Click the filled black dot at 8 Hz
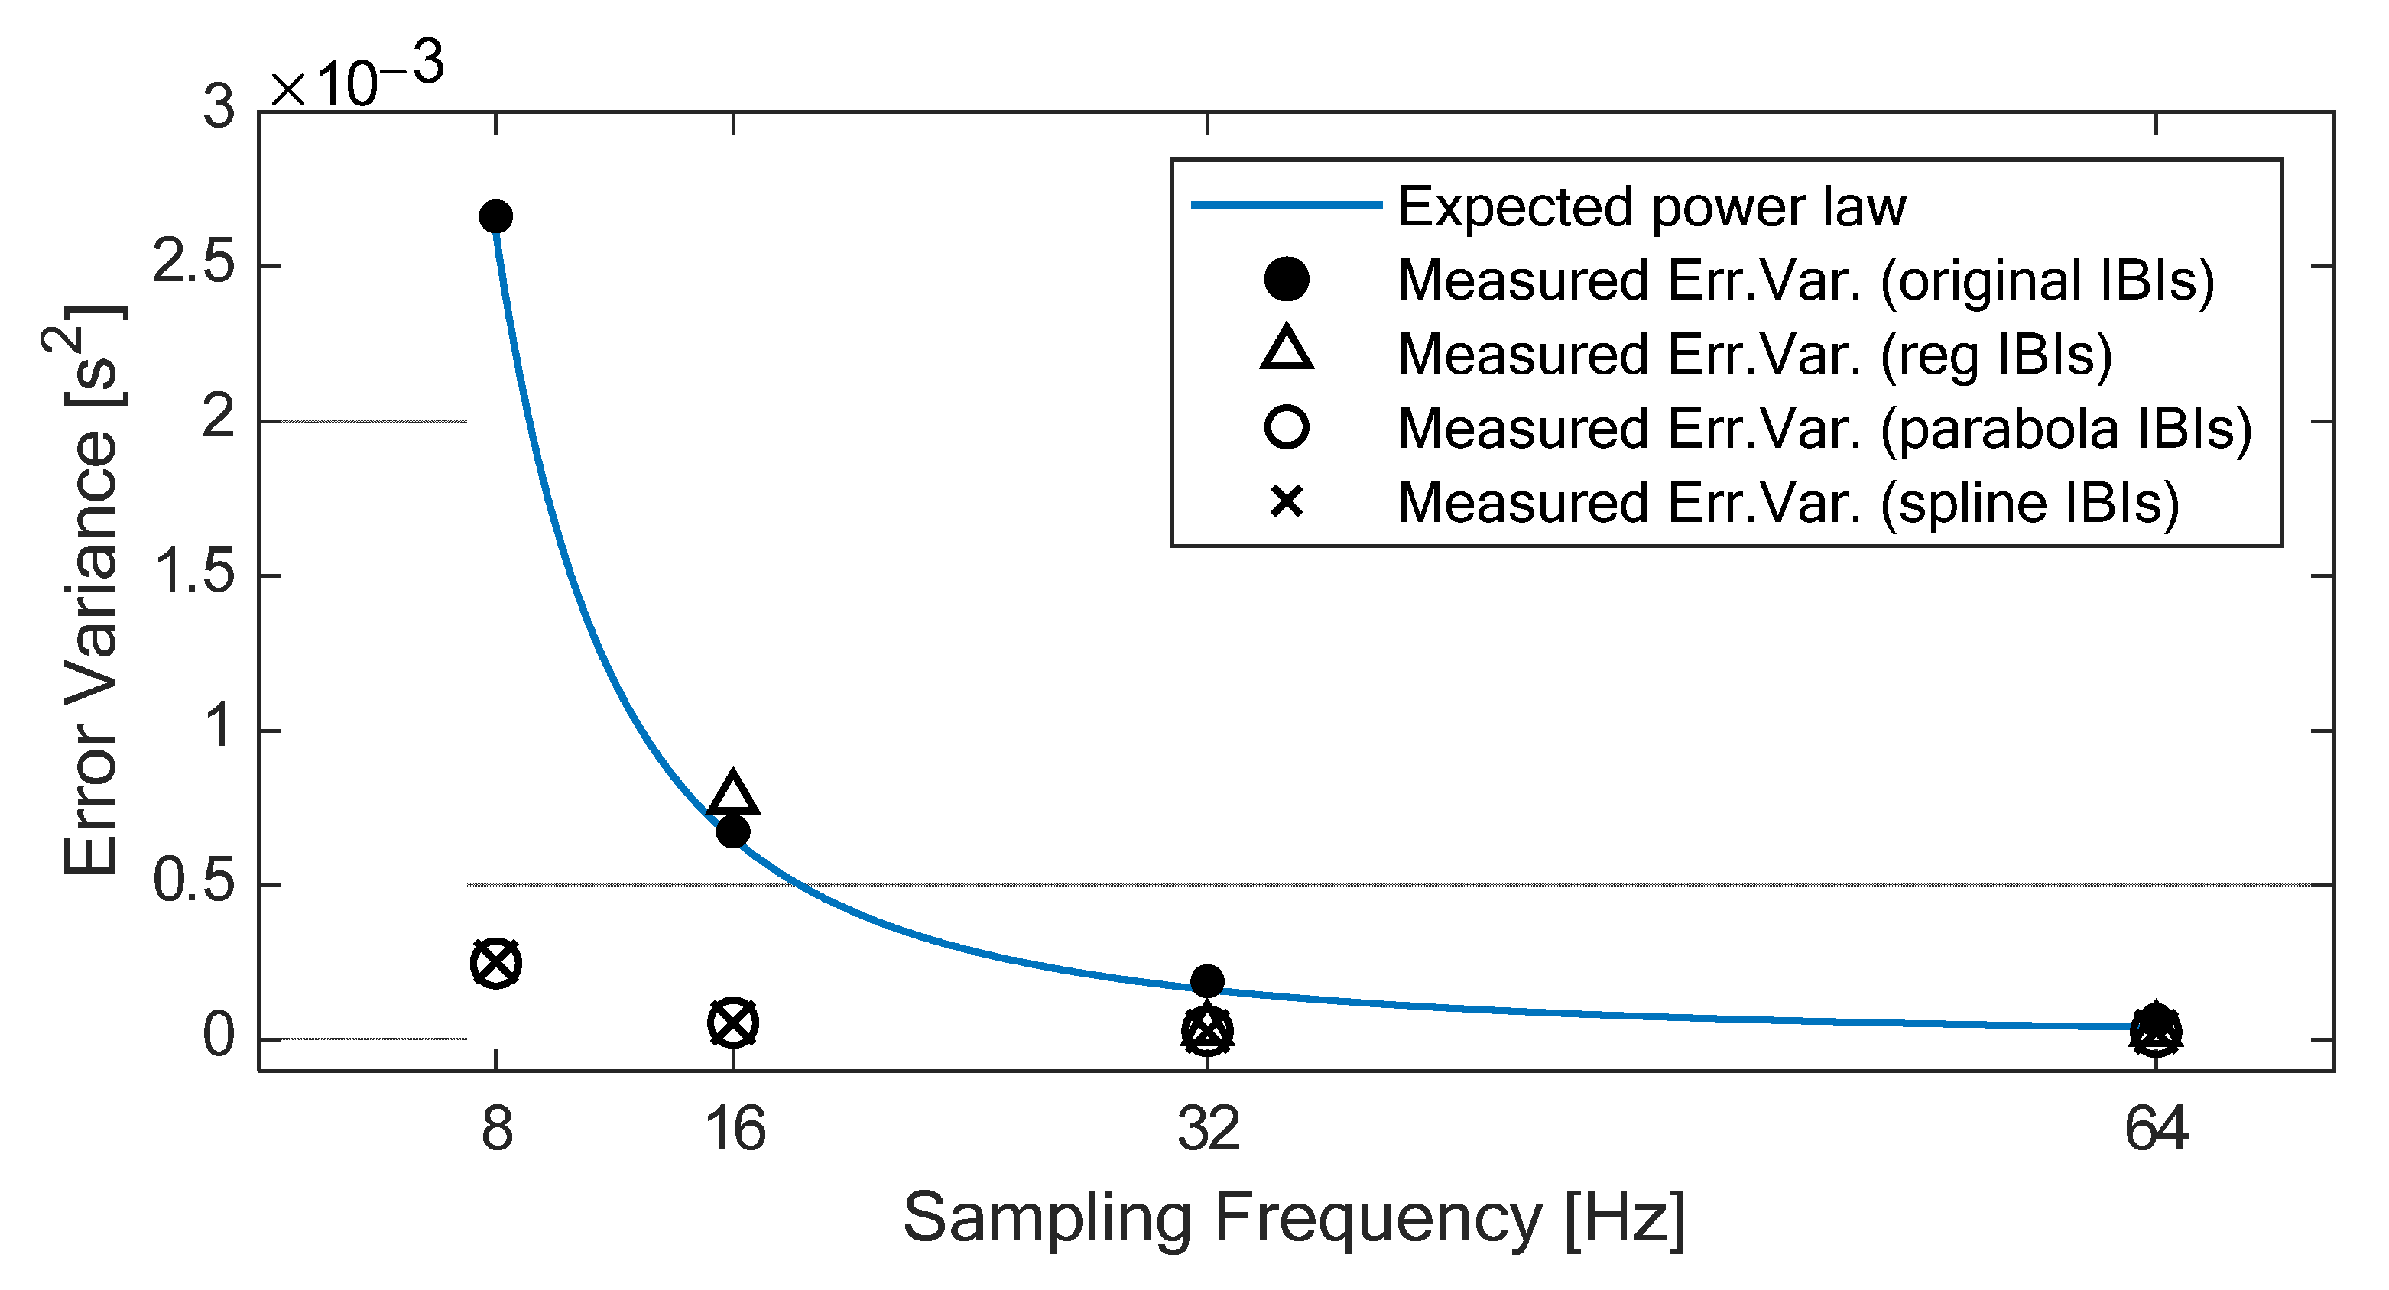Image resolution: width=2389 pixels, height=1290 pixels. click(496, 217)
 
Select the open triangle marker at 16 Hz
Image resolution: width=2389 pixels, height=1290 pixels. click(732, 795)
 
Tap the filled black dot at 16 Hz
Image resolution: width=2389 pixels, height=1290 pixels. click(732, 832)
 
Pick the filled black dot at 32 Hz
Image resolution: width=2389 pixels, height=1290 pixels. click(1206, 980)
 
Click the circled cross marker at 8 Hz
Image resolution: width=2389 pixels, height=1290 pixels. click(496, 963)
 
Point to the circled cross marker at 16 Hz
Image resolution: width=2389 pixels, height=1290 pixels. click(732, 1023)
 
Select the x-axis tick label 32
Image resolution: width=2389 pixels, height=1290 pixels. click(1207, 1130)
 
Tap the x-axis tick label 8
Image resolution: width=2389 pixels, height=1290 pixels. click(496, 1130)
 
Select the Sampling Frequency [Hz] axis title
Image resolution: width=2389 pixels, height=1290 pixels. click(1294, 1217)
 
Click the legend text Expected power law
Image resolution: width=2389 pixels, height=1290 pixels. click(1651, 206)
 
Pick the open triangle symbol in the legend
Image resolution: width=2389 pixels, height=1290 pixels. click(1287, 349)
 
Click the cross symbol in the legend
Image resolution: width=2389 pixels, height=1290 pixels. click(1287, 502)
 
